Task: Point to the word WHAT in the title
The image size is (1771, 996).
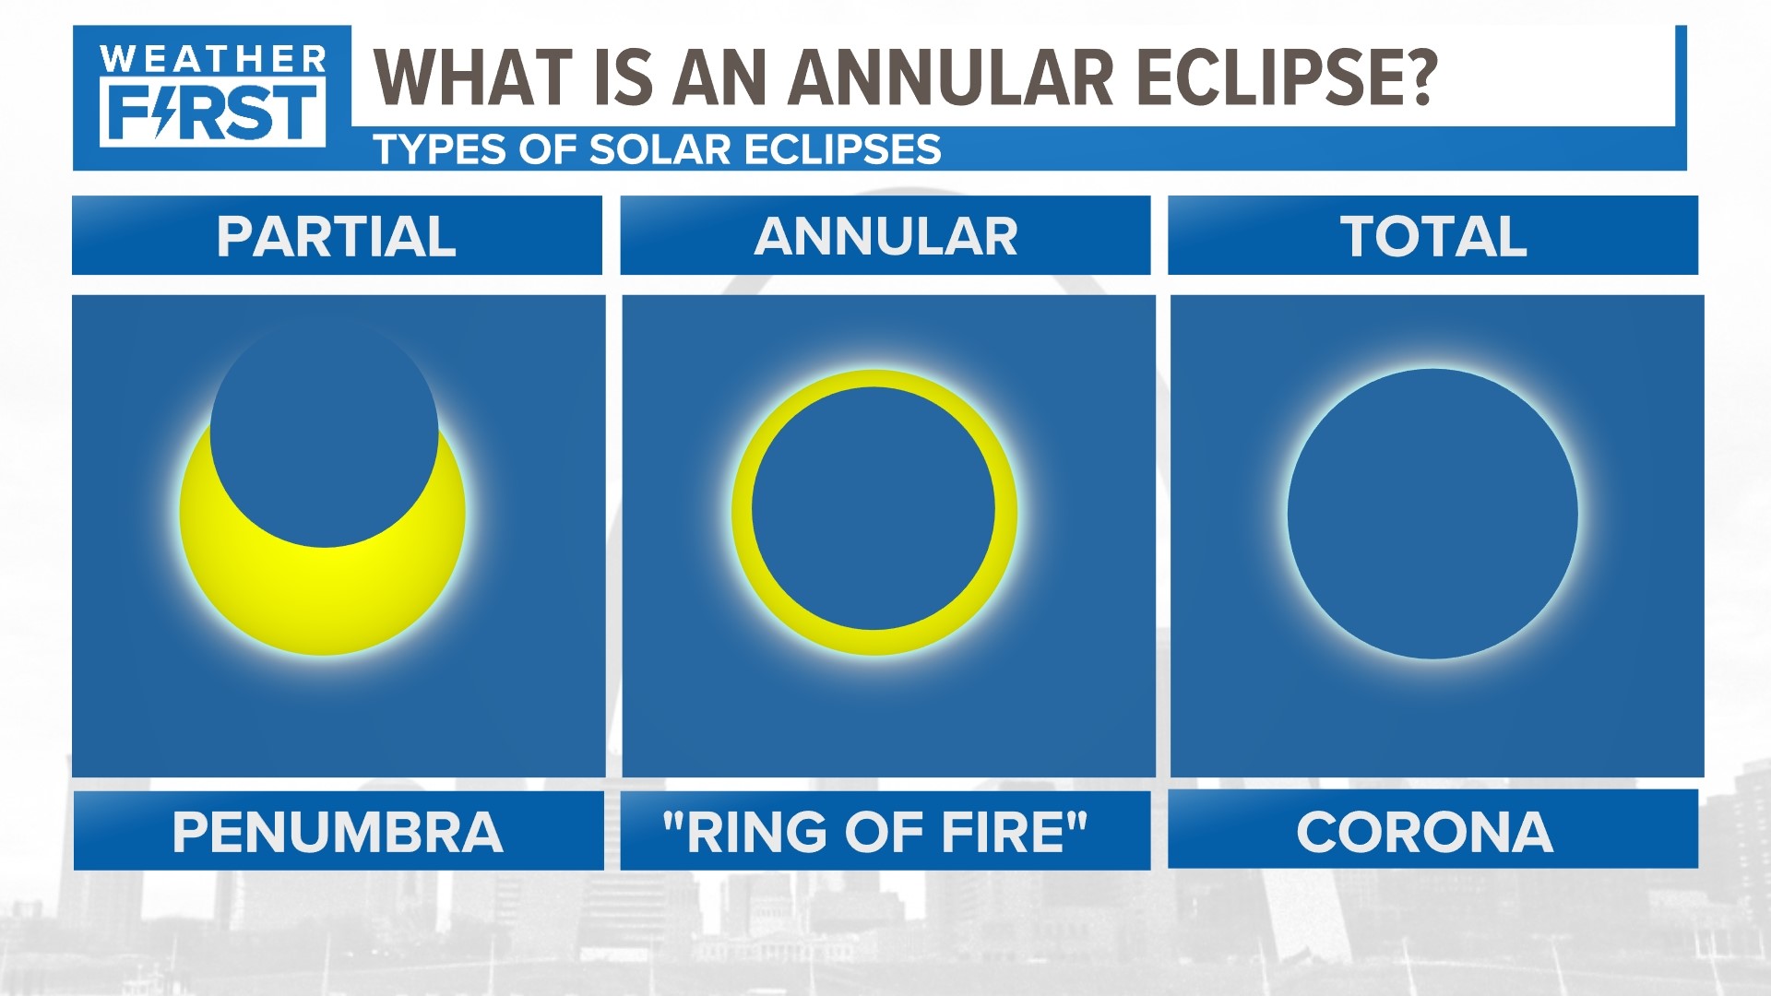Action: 471,77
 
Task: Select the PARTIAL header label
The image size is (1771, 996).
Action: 337,236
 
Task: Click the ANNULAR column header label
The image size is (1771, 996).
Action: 885,236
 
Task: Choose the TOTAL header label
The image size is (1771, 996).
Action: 1432,236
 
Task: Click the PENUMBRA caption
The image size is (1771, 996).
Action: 338,832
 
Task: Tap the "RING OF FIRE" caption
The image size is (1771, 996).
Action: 875,832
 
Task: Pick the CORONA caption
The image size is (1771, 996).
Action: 1424,832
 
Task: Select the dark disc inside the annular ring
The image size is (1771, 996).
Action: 874,509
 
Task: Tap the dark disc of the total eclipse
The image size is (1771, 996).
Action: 1432,514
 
